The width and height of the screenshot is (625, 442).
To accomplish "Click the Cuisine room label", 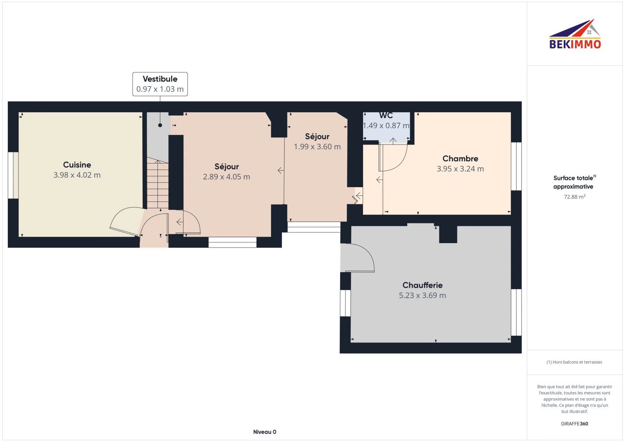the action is tap(77, 165).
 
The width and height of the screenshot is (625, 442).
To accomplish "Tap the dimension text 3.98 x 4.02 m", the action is tap(77, 175).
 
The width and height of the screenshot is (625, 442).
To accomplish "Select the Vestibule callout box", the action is tap(160, 84).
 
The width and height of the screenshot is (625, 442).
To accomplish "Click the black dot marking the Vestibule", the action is tap(160, 125).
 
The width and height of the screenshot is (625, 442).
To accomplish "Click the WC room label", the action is tap(386, 115).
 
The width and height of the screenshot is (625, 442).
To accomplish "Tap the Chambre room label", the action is tap(460, 158).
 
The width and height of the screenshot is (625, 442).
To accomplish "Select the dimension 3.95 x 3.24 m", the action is tap(460, 169).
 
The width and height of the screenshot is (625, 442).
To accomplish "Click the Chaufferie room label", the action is tap(422, 285).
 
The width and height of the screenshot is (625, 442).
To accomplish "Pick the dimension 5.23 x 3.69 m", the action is tap(422, 295).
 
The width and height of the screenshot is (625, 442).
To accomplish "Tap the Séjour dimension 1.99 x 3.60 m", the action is tap(317, 146).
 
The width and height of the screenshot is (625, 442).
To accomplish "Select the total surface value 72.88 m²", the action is tap(575, 197).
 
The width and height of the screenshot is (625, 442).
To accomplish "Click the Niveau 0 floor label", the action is tap(265, 432).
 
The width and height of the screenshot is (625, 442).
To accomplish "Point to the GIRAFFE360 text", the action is tap(574, 424).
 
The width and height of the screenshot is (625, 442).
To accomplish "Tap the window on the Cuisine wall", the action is tap(13, 175).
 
